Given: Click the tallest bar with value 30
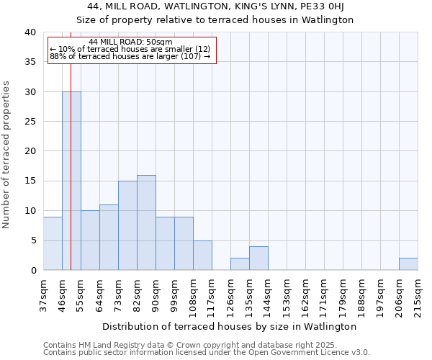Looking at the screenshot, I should (x=71, y=181).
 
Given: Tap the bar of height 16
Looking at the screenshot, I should (x=146, y=222).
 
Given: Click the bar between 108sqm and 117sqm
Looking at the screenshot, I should (x=202, y=255).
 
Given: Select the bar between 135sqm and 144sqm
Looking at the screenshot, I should (x=258, y=258).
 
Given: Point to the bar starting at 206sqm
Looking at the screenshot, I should (x=408, y=264).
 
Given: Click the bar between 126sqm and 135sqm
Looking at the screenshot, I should (x=240, y=264).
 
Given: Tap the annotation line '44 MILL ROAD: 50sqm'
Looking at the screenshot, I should (x=132, y=42).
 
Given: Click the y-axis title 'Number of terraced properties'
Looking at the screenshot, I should (x=7, y=154).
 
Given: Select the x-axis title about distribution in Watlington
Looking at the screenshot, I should (x=234, y=326).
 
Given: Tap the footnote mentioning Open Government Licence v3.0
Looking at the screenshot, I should (x=207, y=353).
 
